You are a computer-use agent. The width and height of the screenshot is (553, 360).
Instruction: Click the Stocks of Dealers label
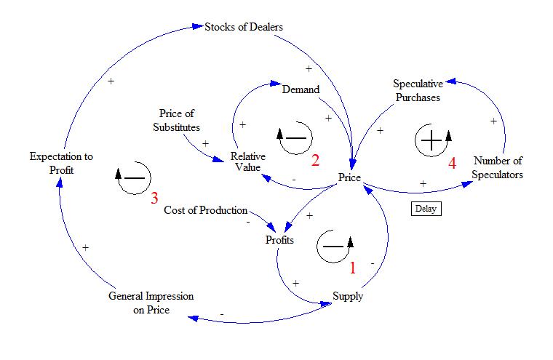(244, 27)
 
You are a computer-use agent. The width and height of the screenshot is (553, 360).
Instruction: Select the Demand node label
(301, 89)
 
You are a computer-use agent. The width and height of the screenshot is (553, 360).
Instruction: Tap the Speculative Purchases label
(417, 90)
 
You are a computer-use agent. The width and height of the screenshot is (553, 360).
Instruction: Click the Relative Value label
(247, 161)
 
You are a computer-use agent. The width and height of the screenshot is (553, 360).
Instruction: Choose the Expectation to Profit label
(61, 163)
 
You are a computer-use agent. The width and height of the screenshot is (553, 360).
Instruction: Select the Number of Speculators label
(498, 167)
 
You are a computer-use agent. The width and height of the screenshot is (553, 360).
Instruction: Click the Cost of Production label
(206, 210)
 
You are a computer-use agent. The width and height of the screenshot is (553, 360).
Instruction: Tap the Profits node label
(279, 239)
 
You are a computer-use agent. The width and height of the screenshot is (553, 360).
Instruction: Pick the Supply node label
(348, 296)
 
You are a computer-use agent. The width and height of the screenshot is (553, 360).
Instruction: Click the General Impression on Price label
(151, 303)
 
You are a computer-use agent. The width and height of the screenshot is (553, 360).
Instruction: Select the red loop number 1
(352, 268)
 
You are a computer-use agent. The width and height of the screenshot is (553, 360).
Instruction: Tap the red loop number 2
(315, 160)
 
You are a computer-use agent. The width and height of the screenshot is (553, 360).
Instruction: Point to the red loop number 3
(154, 198)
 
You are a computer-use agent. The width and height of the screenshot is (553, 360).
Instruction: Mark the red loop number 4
(452, 163)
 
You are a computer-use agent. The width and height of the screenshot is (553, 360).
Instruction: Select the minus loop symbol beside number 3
(133, 177)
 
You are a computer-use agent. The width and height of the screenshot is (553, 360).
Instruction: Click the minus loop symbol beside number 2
(295, 137)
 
